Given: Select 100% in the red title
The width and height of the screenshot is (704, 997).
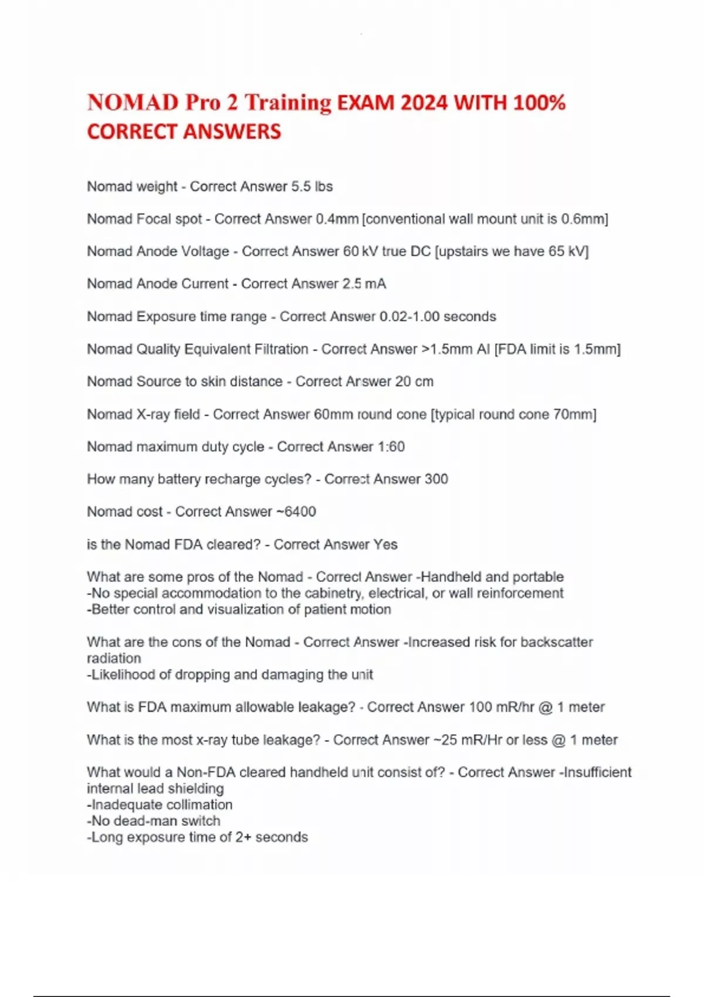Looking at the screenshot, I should [x=539, y=103].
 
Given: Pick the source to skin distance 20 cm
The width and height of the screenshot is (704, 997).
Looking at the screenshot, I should [x=414, y=381].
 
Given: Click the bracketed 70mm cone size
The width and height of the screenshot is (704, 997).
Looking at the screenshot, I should [x=574, y=415].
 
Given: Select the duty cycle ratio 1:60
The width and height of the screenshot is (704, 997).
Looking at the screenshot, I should [x=391, y=447].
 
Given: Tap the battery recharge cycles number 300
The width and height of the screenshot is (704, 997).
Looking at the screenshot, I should [x=436, y=479].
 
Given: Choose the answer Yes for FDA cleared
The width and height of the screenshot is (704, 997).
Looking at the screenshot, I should [x=385, y=544].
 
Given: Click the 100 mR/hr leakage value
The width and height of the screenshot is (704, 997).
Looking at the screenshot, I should [x=502, y=707].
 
